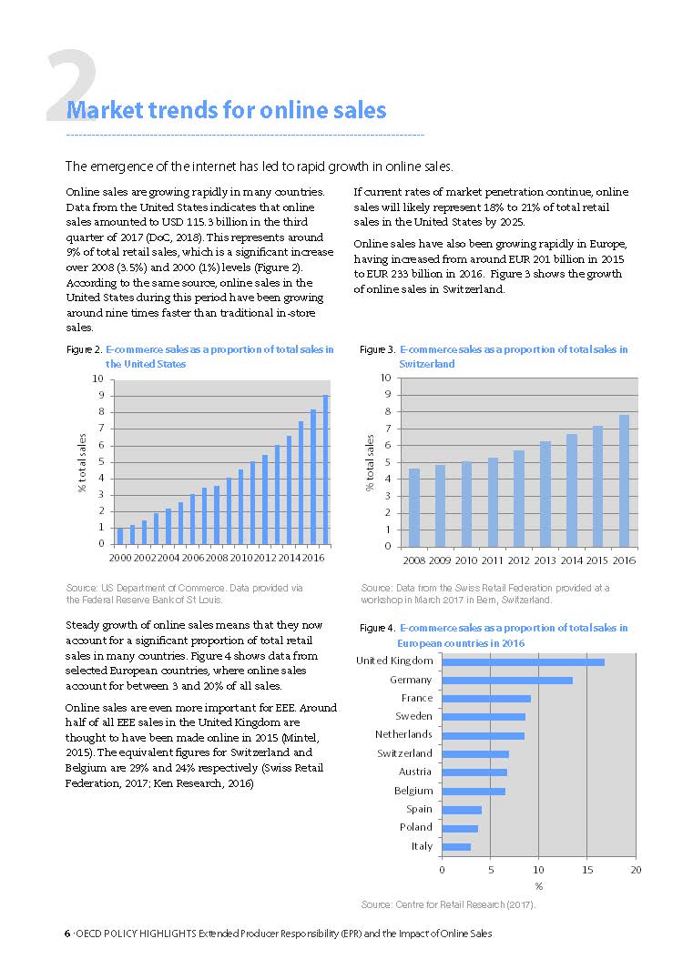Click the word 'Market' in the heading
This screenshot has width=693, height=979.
pyautogui.click(x=100, y=111)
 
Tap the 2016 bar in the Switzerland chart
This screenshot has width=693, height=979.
pyautogui.click(x=624, y=480)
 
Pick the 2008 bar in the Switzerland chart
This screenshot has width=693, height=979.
pyautogui.click(x=414, y=508)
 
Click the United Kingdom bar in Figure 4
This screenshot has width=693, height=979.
pyautogui.click(x=523, y=661)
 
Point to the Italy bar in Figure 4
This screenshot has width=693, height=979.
pyautogui.click(x=456, y=847)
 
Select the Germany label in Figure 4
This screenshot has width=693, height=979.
pyautogui.click(x=410, y=680)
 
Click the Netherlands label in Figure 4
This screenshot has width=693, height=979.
pyautogui.click(x=403, y=734)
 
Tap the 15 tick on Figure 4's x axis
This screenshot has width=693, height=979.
pyautogui.click(x=586, y=871)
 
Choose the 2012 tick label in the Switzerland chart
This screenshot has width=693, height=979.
pyautogui.click(x=519, y=560)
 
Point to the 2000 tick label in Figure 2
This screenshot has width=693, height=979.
pyautogui.click(x=119, y=557)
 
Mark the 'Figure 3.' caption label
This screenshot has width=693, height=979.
pyautogui.click(x=377, y=349)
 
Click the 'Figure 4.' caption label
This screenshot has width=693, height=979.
pyautogui.click(x=377, y=629)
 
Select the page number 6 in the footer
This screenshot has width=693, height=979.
pyautogui.click(x=66, y=934)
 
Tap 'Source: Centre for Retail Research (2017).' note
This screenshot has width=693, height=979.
pyautogui.click(x=448, y=905)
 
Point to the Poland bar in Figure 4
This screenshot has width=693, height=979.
pyautogui.click(x=460, y=828)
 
